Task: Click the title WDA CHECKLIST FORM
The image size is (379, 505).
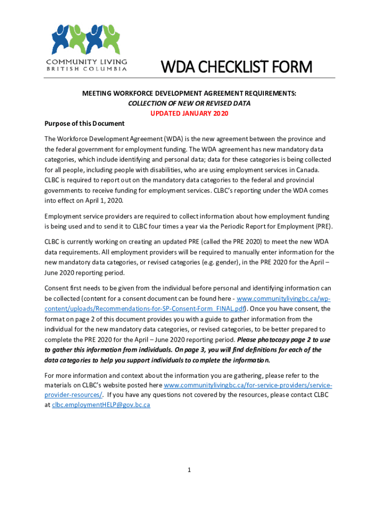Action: point(238,67)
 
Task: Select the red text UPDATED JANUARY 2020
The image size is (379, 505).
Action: point(189,113)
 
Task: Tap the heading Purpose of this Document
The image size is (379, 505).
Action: point(85,123)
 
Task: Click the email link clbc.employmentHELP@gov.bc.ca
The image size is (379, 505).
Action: point(101,404)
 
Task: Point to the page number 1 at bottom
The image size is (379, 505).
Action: point(189,470)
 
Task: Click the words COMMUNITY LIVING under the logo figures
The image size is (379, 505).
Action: point(87,62)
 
